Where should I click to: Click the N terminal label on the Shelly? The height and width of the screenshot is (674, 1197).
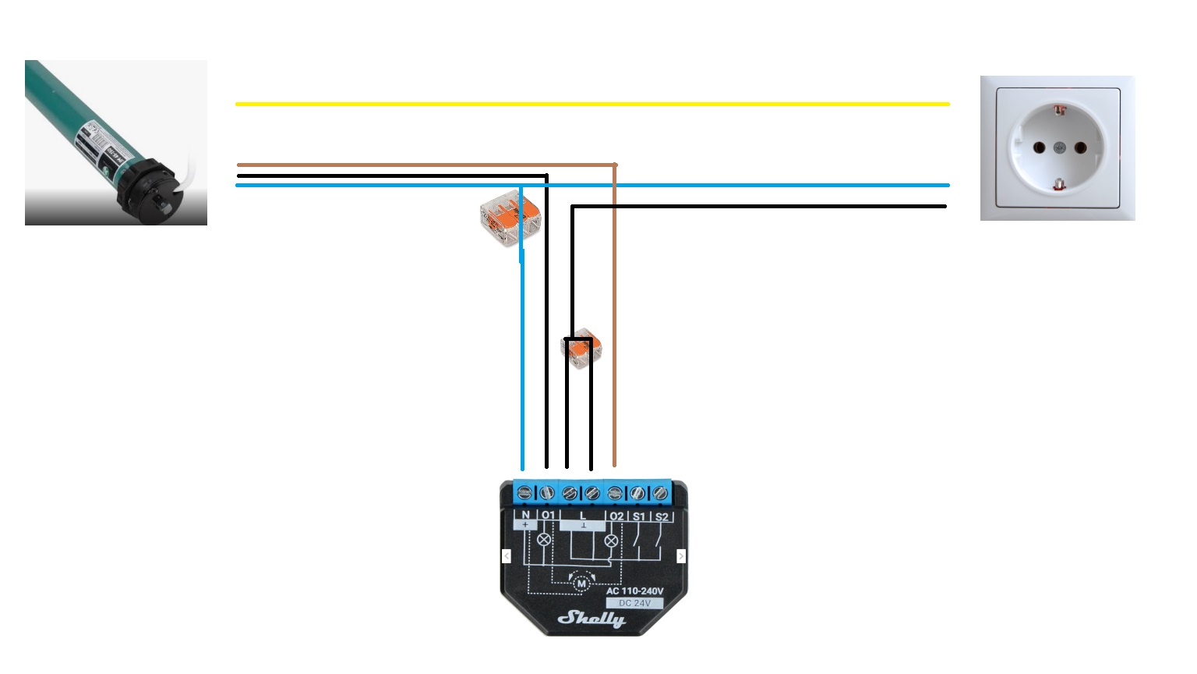[526, 516]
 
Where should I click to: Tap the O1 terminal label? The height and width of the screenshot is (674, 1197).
[548, 516]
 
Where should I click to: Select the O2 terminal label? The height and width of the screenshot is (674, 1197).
[616, 516]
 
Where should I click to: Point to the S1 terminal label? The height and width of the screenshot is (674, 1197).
[639, 516]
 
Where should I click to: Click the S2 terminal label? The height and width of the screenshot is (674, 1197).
[662, 516]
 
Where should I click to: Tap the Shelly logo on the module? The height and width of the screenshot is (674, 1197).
[591, 619]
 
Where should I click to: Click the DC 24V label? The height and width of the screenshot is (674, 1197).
[634, 603]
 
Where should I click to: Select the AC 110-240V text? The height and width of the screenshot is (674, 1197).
[634, 591]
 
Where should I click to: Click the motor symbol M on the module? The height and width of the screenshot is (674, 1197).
[581, 583]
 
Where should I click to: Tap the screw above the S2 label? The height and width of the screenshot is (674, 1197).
[661, 493]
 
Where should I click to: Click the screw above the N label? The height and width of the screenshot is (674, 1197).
[524, 493]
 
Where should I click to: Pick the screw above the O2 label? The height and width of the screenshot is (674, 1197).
[615, 493]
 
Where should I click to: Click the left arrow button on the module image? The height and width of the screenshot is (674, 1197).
[507, 555]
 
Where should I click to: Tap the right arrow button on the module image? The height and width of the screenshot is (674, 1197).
[681, 555]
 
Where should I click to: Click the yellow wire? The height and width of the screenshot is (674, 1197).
[592, 104]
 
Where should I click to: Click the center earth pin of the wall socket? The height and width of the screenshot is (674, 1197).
[1059, 147]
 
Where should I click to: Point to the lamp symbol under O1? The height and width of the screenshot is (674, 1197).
[544, 539]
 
